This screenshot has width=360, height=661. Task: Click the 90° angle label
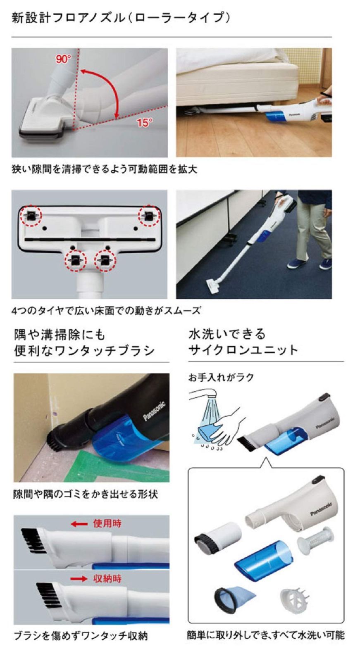tap(63, 59)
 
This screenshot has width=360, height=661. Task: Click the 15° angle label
tap(145, 123)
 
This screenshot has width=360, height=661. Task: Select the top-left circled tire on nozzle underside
tap(31, 215)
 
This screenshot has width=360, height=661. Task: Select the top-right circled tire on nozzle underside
tap(148, 215)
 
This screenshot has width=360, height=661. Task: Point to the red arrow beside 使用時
tap(79, 524)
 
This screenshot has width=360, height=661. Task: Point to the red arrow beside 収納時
tap(79, 579)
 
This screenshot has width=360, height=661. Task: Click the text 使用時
tap(107, 523)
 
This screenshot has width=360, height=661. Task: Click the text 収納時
tap(107, 578)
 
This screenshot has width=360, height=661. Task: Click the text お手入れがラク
tap(221, 377)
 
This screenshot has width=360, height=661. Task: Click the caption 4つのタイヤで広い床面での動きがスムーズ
tap(106, 310)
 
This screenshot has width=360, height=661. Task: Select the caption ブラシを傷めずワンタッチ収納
tap(80, 635)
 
